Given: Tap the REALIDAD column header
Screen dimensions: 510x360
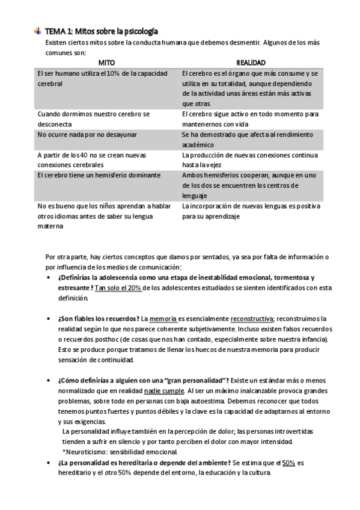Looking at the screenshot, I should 251,62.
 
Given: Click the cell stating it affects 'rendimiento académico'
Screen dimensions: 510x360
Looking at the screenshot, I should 251,140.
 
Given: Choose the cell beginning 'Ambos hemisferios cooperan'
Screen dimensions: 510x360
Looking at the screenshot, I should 251,185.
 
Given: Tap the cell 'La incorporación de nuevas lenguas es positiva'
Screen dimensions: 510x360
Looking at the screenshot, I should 252,211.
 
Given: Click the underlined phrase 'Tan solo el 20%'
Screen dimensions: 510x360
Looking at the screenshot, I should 118,288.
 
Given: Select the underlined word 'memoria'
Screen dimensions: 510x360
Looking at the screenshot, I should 163,318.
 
